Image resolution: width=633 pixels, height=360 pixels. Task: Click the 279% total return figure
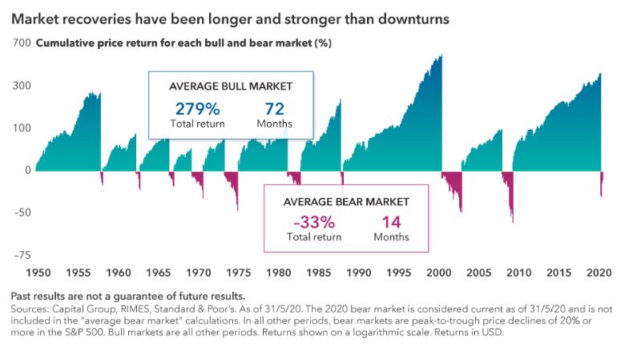click(x=197, y=108)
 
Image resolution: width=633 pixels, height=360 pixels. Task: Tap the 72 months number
click(x=274, y=108)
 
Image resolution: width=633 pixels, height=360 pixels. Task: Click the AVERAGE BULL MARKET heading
click(x=230, y=86)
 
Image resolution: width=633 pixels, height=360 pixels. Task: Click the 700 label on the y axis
click(x=21, y=42)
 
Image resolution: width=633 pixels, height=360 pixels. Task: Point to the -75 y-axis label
click(x=20, y=255)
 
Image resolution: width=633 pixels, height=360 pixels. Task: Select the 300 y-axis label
click(x=21, y=85)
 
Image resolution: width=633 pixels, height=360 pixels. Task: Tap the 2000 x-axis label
click(x=440, y=273)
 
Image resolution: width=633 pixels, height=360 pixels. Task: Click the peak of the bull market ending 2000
click(x=441, y=55)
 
